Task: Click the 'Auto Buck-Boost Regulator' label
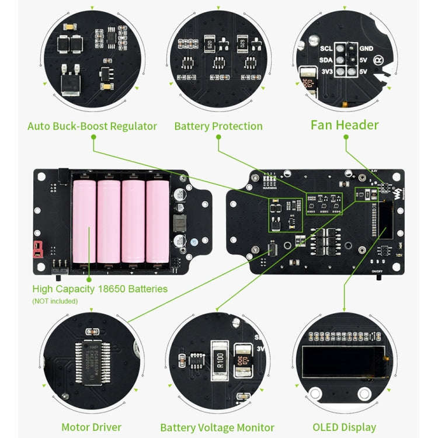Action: pyautogui.click(x=92, y=126)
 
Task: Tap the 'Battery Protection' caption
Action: pyautogui.click(x=218, y=126)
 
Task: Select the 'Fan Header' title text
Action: pyautogui.click(x=345, y=125)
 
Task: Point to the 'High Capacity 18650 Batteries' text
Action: pyautogui.click(x=100, y=289)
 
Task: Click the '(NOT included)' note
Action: pyautogui.click(x=54, y=301)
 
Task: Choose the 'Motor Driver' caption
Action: pyautogui.click(x=92, y=427)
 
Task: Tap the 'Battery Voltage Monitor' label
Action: pyautogui.click(x=217, y=427)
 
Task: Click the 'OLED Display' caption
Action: pyautogui.click(x=345, y=427)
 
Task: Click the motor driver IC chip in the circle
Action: pyautogui.click(x=93, y=355)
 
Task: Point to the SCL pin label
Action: pyautogui.click(x=326, y=48)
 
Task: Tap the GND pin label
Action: pyautogui.click(x=367, y=48)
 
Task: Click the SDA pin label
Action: pyautogui.click(x=326, y=60)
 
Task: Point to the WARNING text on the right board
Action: pyautogui.click(x=270, y=188)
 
